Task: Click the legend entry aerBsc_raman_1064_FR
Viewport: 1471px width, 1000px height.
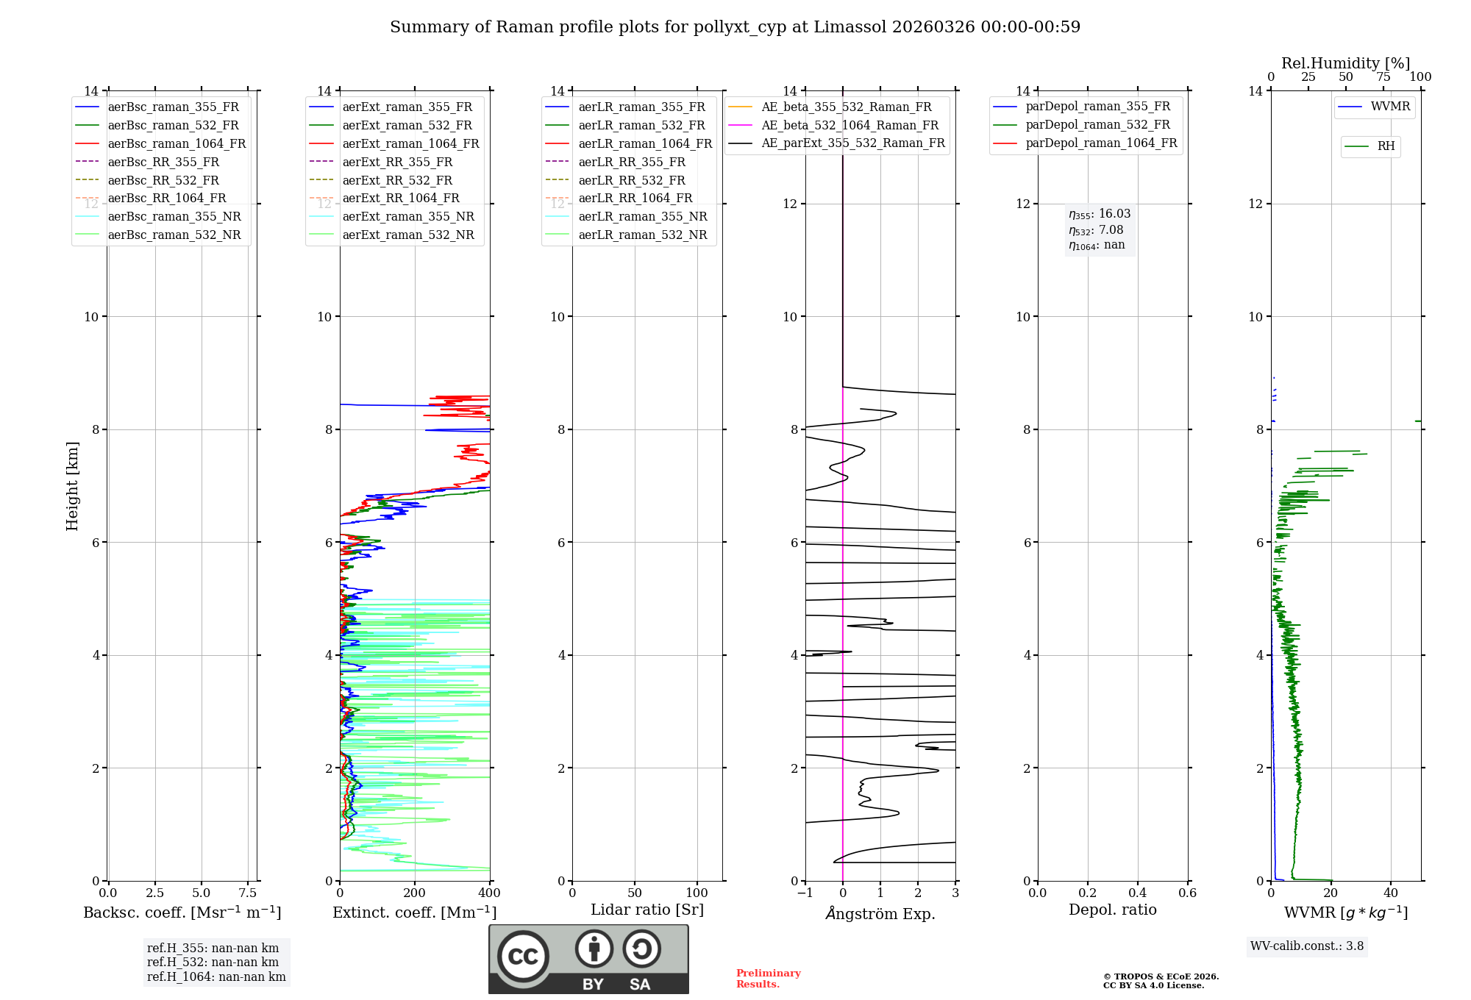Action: click(x=177, y=143)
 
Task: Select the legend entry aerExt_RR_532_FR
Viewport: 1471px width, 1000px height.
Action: click(x=397, y=180)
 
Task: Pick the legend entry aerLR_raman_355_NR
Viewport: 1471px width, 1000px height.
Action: click(x=642, y=216)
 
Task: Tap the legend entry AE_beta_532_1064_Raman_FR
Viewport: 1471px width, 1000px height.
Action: click(x=850, y=125)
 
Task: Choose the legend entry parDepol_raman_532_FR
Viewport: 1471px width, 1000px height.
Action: click(x=1097, y=125)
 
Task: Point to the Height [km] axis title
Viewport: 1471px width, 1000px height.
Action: click(x=72, y=485)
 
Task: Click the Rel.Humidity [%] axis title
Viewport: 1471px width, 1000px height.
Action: click(x=1345, y=63)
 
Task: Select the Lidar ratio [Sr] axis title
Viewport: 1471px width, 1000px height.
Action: click(x=647, y=910)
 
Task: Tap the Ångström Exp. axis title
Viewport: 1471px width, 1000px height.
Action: click(x=880, y=913)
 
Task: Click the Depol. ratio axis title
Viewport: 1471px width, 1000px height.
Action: click(x=1112, y=910)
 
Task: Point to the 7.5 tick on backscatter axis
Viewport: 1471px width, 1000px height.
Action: click(x=248, y=893)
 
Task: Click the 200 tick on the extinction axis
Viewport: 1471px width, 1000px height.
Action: click(x=415, y=893)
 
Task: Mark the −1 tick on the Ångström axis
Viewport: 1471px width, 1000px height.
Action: click(x=805, y=893)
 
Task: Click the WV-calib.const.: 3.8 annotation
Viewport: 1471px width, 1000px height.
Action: click(x=1306, y=946)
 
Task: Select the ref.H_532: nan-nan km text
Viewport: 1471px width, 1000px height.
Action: click(x=213, y=962)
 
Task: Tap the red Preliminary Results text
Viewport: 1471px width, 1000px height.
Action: click(x=768, y=979)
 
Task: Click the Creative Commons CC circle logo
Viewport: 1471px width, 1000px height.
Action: click(x=523, y=957)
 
